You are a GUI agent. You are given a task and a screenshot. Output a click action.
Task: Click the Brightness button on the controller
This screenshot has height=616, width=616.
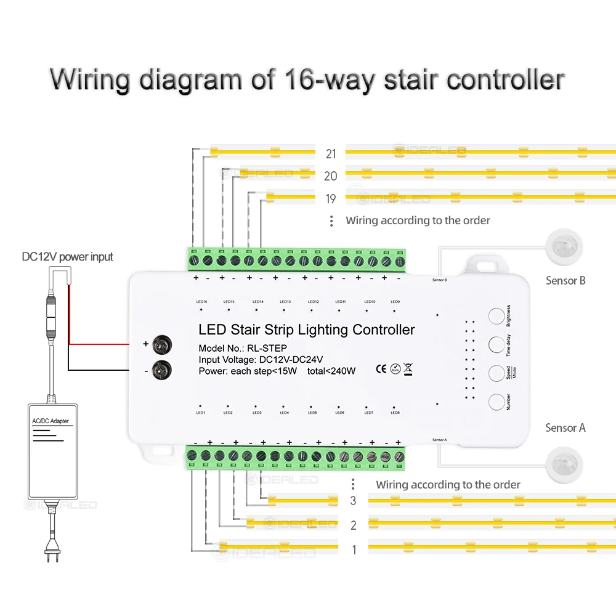tap(497, 316)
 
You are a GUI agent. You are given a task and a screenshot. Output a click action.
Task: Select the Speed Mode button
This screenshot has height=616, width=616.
tap(497, 373)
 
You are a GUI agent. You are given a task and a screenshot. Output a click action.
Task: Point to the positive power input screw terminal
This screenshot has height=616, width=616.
tap(161, 344)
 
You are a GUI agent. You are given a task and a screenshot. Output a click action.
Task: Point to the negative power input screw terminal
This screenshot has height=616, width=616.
tap(161, 370)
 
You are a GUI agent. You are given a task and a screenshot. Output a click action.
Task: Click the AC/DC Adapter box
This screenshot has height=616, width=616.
tap(53, 451)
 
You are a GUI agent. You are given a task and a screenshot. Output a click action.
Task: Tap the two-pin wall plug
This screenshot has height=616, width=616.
tap(49, 552)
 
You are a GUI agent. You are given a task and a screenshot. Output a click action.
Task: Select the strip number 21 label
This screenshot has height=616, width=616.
tap(330, 154)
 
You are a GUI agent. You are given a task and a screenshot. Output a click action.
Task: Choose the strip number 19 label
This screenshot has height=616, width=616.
tap(330, 198)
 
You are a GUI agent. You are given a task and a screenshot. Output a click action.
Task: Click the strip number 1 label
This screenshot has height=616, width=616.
tap(354, 550)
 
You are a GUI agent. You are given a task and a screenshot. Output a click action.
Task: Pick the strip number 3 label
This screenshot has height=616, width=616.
tap(353, 500)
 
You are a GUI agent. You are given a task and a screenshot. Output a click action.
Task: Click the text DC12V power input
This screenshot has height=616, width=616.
tap(68, 256)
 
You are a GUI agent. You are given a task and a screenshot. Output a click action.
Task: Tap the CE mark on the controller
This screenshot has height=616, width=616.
tap(381, 370)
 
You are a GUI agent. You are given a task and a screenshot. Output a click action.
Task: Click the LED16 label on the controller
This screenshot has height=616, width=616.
tap(201, 302)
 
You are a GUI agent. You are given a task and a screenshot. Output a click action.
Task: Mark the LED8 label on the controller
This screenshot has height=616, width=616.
tap(395, 413)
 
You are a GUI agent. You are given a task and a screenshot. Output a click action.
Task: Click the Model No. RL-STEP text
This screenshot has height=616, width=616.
tap(243, 349)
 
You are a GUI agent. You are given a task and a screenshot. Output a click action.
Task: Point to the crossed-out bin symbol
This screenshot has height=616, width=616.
tap(408, 370)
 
